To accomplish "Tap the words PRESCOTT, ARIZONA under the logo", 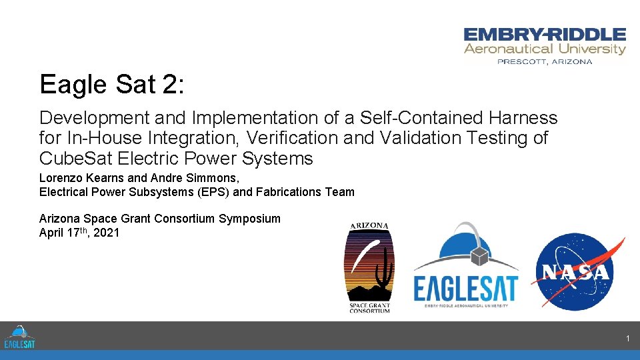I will (545, 61).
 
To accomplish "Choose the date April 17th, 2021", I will (79, 233).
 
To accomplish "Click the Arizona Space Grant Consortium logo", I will (369, 267).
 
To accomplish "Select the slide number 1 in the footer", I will (627, 339).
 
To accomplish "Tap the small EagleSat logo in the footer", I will (19, 337).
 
